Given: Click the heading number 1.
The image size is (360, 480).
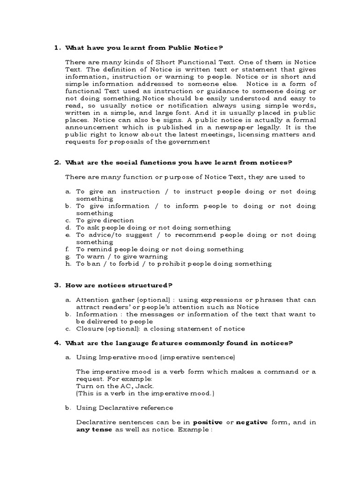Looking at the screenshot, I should (x=57, y=47).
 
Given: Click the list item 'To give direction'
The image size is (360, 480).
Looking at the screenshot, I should (x=105, y=220).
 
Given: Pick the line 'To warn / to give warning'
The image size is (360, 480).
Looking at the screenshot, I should (x=122, y=256).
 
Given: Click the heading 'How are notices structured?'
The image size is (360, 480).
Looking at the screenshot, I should (x=119, y=285).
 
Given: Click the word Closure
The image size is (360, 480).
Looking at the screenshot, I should (x=90, y=329).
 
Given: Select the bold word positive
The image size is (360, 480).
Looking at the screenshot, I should (x=208, y=422).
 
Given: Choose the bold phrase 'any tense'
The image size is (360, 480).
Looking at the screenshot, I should (x=94, y=430).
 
